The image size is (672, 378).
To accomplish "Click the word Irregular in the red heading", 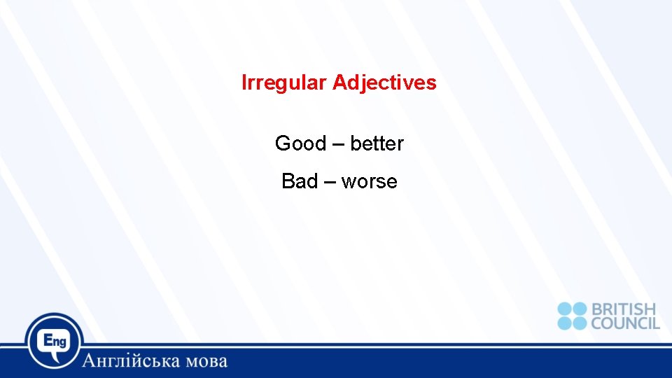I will (283, 83).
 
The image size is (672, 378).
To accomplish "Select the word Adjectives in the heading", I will (384, 83).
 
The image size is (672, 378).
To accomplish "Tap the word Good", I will (300, 143).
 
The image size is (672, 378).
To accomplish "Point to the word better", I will (377, 143).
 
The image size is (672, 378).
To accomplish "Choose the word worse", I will (369, 181).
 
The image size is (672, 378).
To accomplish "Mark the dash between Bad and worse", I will (330, 182).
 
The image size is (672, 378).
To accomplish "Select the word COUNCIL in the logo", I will (625, 323).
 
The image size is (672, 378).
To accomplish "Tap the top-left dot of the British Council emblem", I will (565, 309).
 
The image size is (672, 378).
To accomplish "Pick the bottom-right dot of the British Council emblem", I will (579, 323).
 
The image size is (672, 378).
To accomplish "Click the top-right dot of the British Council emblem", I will (579, 309).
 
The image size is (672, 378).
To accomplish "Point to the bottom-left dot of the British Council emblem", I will (565, 323).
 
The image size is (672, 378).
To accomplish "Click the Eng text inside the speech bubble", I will (54, 340).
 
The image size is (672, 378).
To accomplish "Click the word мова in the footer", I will (207, 362).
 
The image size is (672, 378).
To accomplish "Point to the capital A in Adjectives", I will (339, 83).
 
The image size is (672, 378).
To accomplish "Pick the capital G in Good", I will (282, 143).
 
